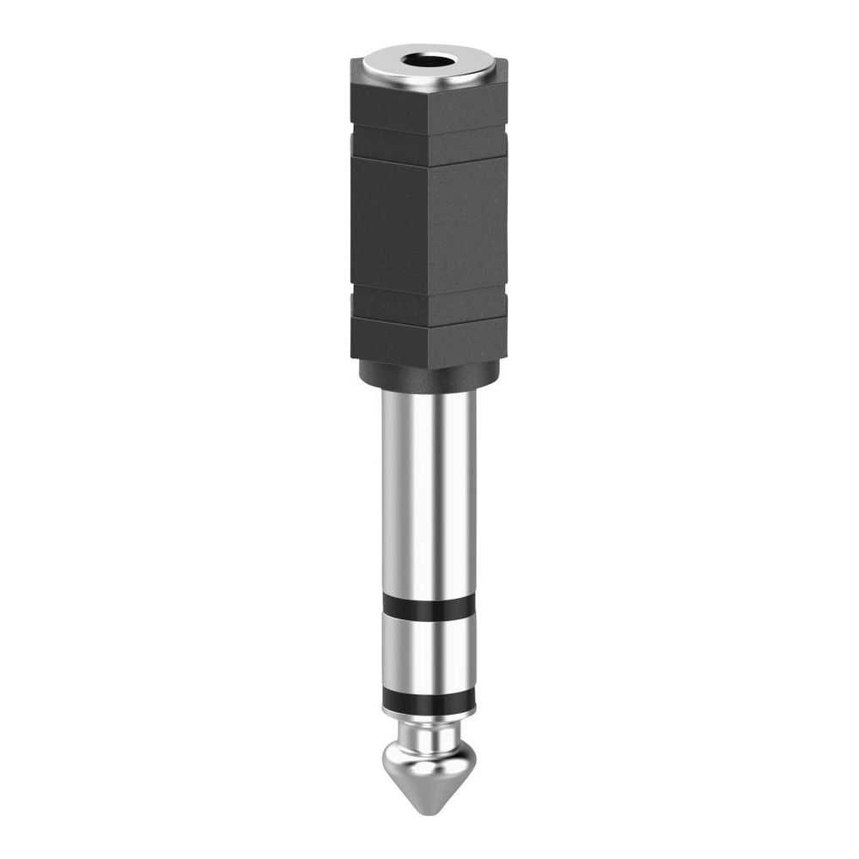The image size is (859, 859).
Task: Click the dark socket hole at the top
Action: coord(429,62)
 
